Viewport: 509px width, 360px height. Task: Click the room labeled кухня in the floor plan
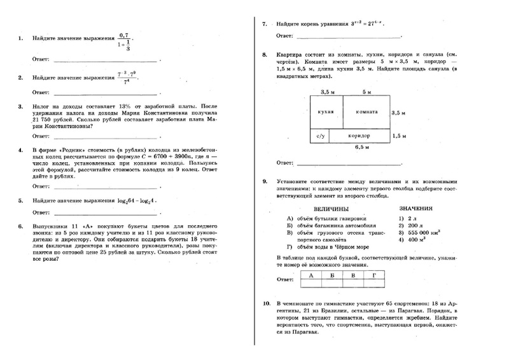click(326, 112)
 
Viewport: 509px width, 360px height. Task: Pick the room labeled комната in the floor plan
click(367, 112)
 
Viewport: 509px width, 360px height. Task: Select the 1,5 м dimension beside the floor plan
click(400, 136)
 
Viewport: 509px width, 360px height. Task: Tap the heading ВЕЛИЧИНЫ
click(331, 209)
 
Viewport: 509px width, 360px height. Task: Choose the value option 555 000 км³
click(416, 233)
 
